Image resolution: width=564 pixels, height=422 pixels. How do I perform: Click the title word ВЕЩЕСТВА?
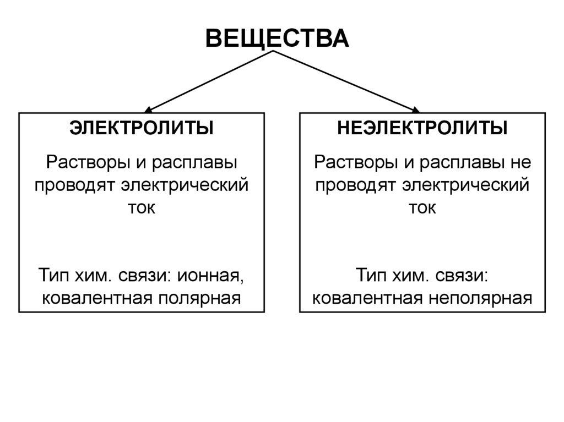click(277, 38)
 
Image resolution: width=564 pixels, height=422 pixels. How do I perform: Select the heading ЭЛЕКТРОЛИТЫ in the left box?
click(142, 129)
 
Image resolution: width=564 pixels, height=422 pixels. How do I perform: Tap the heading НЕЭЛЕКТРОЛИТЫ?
click(422, 129)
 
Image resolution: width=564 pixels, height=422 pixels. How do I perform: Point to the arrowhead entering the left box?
click(149, 109)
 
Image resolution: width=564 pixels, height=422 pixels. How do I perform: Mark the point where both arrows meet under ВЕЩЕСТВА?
click(273, 52)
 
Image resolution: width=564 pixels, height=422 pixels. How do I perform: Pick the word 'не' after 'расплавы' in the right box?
click(520, 163)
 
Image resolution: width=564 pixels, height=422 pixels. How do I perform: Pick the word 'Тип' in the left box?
click(53, 274)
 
